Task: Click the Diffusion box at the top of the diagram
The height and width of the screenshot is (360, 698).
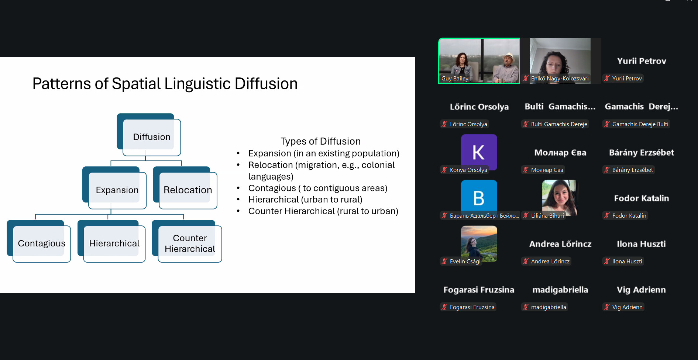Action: coord(149,135)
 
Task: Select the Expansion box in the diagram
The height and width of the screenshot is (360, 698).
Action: coord(114,188)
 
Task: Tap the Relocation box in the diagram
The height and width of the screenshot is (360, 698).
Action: coord(185,188)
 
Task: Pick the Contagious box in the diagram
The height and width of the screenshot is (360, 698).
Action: coord(39,241)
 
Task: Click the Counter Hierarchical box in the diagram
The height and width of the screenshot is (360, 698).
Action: coord(187,241)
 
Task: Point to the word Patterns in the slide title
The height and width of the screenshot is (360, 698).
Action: coord(62,84)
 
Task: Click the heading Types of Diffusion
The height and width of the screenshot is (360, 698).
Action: coord(320,141)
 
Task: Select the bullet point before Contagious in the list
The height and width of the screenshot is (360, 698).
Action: coord(238,188)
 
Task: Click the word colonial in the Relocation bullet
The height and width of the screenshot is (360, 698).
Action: coord(378,165)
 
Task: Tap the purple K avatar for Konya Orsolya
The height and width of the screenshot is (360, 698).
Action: coord(479,152)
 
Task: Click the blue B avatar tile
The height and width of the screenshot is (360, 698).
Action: coord(479,198)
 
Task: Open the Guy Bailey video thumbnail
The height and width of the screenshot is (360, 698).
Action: coord(479,61)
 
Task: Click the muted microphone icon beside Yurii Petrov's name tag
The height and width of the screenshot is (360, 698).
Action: coord(607,78)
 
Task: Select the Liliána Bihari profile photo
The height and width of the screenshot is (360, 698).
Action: coord(560,198)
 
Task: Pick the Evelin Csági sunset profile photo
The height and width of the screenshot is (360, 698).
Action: coord(479,243)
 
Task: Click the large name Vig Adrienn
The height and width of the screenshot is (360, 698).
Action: coord(642,290)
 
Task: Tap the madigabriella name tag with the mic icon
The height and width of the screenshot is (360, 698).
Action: coord(544,307)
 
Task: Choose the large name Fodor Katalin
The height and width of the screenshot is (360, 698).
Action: coord(642,198)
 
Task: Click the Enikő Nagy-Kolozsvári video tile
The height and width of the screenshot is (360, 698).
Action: coord(560,61)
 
